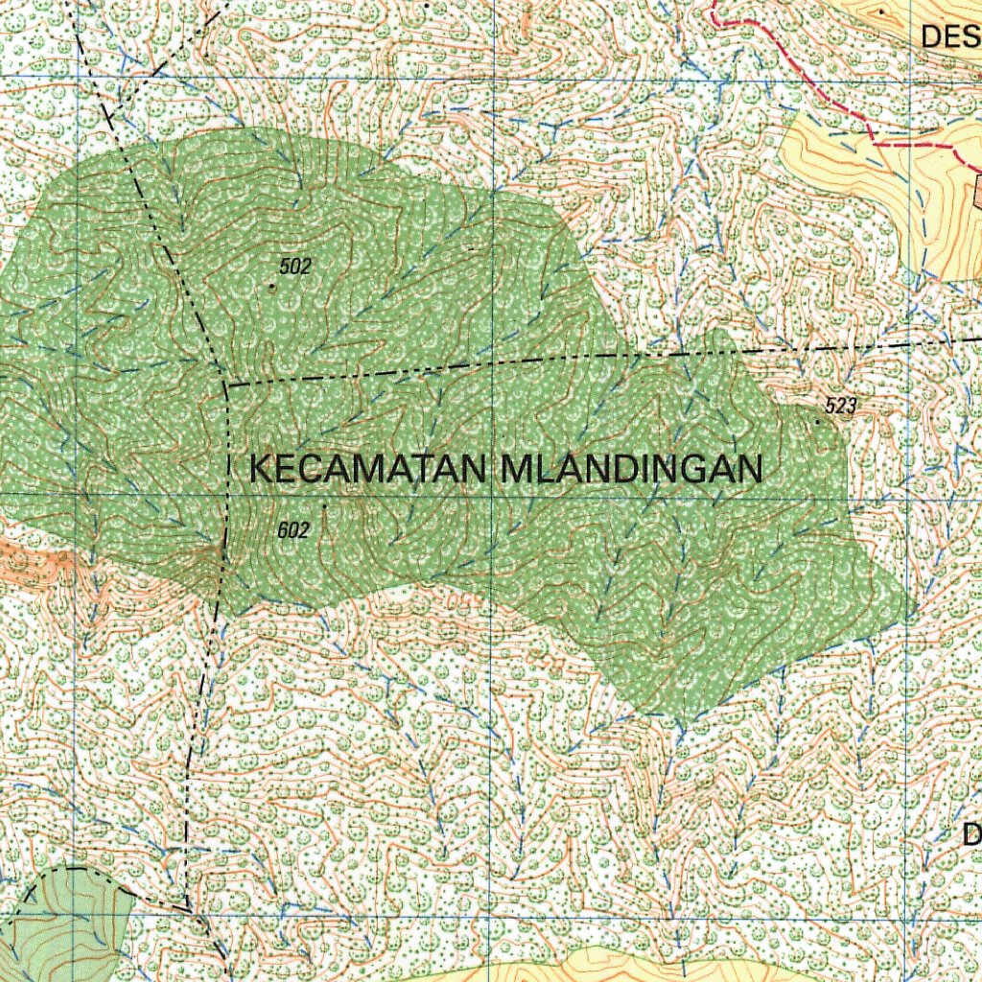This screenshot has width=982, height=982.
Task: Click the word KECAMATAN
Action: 370,470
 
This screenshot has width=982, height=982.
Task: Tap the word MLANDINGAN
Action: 632,470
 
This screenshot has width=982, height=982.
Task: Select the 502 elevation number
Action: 296,267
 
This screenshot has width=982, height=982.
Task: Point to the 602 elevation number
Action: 292,530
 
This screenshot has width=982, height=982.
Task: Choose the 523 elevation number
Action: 839,407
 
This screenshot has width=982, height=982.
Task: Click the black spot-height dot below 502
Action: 272,285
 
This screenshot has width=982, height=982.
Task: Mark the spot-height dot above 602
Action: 324,504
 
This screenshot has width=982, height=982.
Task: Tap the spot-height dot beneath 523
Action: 818,421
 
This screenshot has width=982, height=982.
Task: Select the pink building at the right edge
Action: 977,191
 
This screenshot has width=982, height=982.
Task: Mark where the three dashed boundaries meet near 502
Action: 226,385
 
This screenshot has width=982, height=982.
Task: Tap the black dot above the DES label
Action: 881,12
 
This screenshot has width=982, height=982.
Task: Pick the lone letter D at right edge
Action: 971,833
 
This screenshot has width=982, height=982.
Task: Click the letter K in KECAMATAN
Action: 260,470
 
